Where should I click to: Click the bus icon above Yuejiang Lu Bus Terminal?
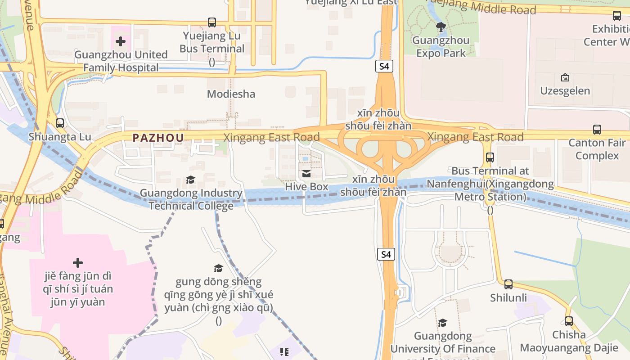(211, 22)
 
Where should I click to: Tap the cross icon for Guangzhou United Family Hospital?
(120, 42)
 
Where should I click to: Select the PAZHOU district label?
(158, 138)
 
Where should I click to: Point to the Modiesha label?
(231, 94)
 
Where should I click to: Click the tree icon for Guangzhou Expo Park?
(441, 27)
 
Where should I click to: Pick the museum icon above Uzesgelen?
(565, 77)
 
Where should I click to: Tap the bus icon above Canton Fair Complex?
(597, 130)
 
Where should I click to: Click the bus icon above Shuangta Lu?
(59, 123)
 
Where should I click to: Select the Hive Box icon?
(306, 174)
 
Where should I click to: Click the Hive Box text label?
(306, 186)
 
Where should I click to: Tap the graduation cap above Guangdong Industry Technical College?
(190, 180)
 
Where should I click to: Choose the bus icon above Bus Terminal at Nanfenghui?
(490, 157)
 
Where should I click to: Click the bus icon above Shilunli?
(508, 284)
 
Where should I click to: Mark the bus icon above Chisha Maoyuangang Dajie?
(568, 321)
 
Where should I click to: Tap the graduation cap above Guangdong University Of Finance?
(442, 323)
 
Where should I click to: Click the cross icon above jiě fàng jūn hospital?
(77, 262)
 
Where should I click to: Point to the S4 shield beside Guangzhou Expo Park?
(384, 66)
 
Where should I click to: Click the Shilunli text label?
(508, 298)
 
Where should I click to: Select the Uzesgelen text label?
(565, 91)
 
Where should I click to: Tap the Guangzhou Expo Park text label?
(441, 46)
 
